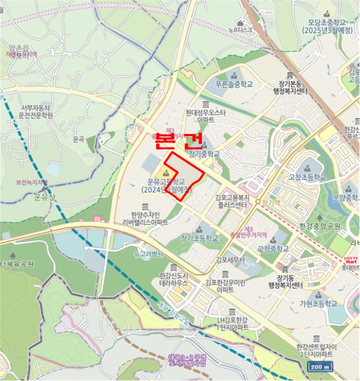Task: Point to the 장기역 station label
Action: pyautogui.click(x=270, y=202)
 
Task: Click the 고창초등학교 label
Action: pyautogui.click(x=308, y=177)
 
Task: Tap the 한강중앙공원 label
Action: pyautogui.click(x=319, y=226)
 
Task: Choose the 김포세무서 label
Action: pyautogui.click(x=231, y=260)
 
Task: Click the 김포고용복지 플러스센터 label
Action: pyautogui.click(x=231, y=201)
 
